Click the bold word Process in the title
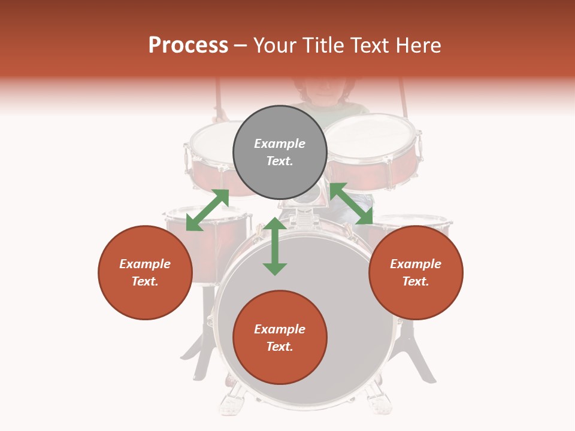coord(188,45)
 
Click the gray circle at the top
coord(280,152)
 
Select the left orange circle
coord(145,272)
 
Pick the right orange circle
coord(416,272)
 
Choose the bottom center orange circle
coord(280,338)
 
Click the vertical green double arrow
coord(275,246)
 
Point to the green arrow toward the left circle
coord(207,210)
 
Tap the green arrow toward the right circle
coord(351,204)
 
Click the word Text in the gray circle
coord(280,161)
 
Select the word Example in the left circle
coord(145,264)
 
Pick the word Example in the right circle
coord(416,264)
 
